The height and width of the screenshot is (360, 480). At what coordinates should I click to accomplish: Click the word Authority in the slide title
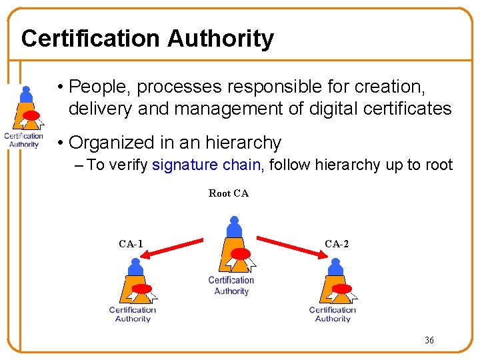[220, 39]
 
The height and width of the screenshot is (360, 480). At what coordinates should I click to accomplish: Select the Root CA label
[229, 193]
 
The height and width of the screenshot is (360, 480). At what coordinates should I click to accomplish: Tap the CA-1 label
[131, 244]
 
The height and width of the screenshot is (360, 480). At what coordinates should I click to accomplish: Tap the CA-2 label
[337, 244]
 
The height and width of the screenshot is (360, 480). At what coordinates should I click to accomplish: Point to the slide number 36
[429, 341]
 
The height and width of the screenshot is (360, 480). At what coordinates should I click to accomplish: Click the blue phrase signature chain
[206, 165]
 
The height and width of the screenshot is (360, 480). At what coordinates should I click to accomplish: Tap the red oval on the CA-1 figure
[142, 289]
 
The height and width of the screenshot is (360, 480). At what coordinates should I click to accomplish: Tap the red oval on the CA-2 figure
[342, 289]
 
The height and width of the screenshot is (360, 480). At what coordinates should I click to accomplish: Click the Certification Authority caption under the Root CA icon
[231, 285]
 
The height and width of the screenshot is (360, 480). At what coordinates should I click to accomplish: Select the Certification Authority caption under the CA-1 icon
[133, 314]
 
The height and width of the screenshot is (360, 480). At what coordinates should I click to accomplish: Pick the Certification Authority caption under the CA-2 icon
[333, 314]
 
